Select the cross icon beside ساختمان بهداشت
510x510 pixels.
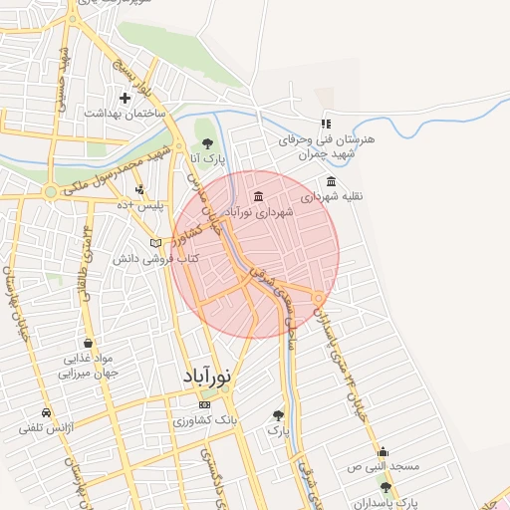click(x=125, y=98)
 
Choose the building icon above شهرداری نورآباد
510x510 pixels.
click(x=259, y=196)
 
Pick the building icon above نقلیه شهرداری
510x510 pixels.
click(x=332, y=181)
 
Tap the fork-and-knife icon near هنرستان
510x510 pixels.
click(x=325, y=125)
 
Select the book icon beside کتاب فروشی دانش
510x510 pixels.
click(x=154, y=243)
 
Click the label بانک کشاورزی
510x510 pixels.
click(x=206, y=420)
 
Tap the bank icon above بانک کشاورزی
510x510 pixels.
click(x=205, y=405)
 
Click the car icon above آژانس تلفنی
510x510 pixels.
click(x=46, y=412)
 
